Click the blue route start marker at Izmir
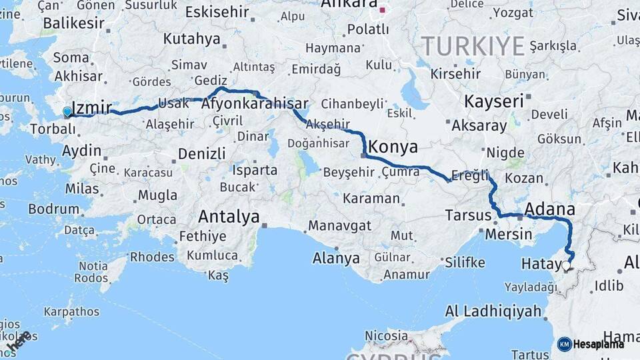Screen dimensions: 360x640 point(67,112)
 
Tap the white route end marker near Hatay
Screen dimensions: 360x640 point(566,265)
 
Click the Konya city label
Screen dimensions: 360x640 point(393,147)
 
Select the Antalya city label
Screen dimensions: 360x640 point(229,217)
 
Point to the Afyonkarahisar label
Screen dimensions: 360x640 point(255,104)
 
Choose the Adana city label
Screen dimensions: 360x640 point(549,209)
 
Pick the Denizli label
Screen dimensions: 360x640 point(201,154)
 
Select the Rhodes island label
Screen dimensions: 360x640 point(152,256)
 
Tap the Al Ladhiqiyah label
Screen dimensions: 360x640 point(493,311)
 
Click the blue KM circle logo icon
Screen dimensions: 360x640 point(564,344)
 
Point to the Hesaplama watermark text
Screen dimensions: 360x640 point(599,344)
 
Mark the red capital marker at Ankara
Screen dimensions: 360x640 point(383,9)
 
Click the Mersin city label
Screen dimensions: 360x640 point(509,234)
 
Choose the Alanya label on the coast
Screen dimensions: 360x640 point(337,259)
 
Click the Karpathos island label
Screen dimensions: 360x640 point(71,311)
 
